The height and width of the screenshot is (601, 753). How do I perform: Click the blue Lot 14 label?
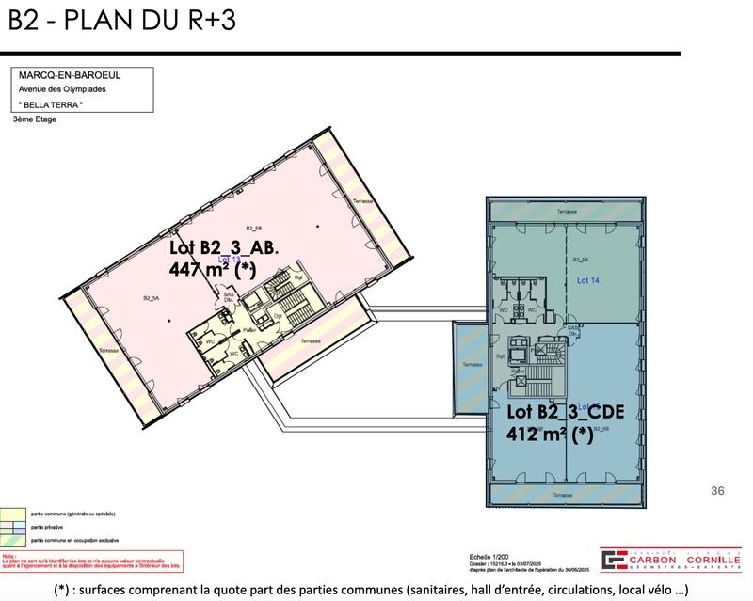(586, 279)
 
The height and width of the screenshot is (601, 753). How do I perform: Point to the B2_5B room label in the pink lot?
(251, 229)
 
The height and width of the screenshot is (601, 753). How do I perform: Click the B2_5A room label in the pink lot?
(150, 297)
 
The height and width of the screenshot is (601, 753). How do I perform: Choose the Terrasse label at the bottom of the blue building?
(564, 494)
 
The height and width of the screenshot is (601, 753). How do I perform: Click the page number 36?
(718, 490)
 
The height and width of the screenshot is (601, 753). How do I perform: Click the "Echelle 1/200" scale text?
(490, 556)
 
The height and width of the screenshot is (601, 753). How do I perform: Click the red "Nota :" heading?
(10, 555)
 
